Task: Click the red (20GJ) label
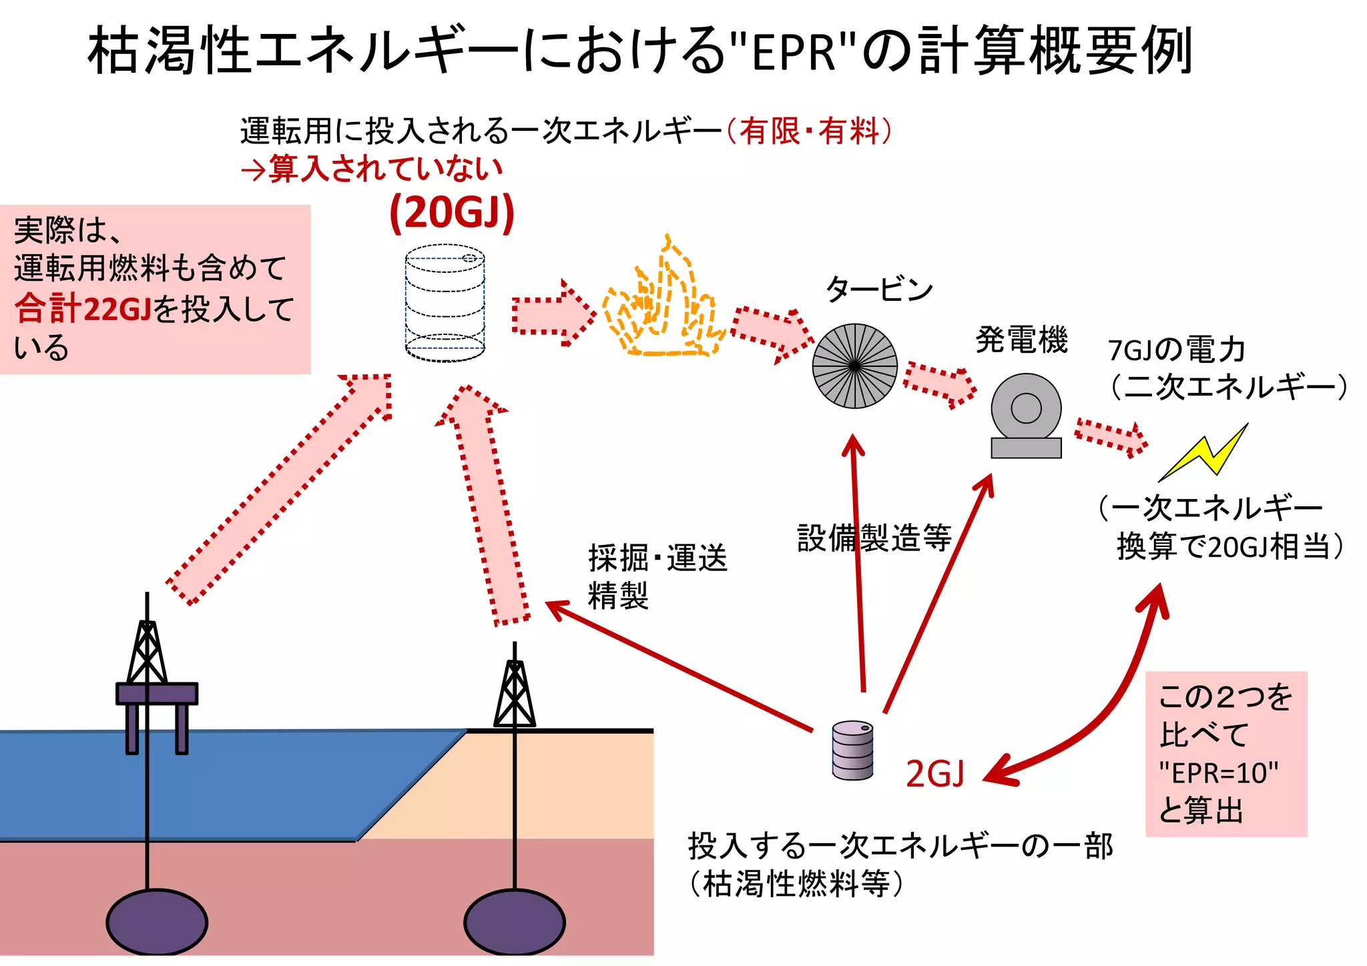[452, 213]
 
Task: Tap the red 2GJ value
[934, 775]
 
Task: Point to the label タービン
[878, 290]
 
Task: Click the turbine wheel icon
[854, 366]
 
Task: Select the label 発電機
[1021, 340]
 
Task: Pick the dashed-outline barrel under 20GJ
[445, 304]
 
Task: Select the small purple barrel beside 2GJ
[852, 751]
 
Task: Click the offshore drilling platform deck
[157, 693]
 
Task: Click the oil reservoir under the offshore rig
[157, 923]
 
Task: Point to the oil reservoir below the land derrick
[514, 923]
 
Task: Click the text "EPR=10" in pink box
[1218, 773]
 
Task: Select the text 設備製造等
[874, 538]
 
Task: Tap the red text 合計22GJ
[83, 309]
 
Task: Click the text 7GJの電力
[1176, 350]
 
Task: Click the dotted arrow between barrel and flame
[553, 313]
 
